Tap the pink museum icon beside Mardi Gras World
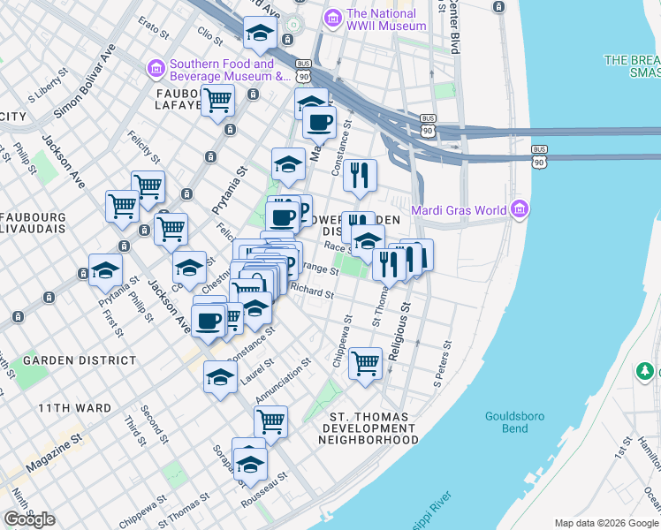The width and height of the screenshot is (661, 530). tap(520, 209)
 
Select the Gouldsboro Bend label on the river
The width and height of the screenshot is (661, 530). tap(507, 422)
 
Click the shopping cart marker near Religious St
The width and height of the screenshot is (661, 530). tap(365, 362)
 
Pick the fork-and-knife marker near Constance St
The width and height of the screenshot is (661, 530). tap(360, 175)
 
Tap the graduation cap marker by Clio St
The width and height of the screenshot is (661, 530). tap(260, 33)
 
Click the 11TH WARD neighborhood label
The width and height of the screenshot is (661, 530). tap(74, 408)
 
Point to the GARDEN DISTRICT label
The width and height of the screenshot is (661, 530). tap(80, 360)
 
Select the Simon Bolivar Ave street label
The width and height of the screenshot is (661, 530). tap(85, 81)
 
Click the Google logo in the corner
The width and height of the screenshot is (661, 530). tap(29, 519)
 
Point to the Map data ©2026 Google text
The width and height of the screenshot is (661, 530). tap(606, 523)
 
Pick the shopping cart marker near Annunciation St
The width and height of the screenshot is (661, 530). tap(270, 421)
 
